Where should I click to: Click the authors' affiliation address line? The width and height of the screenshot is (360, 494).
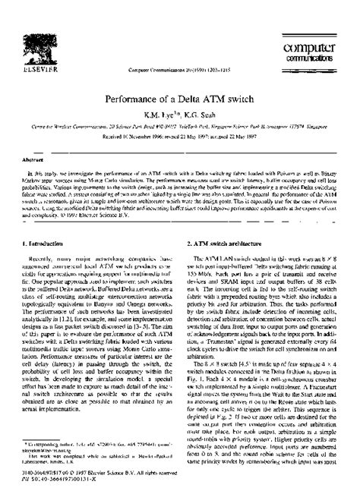[180, 108]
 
